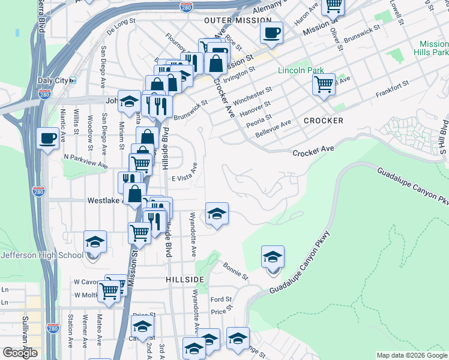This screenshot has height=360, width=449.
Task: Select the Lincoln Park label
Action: [301, 70]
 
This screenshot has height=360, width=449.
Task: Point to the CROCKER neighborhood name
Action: [323, 121]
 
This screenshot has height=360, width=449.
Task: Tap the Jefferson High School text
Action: [42, 255]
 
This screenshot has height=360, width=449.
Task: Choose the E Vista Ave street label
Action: [184, 178]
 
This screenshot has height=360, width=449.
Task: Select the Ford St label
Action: [221, 299]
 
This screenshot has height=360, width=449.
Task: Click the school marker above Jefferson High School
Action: [95, 242]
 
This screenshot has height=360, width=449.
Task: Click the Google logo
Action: [19, 353]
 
